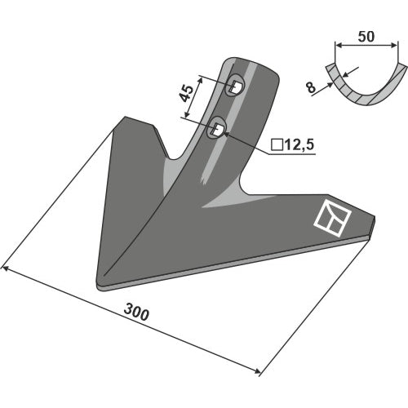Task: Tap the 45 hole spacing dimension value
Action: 187,93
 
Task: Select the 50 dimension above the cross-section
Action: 366,37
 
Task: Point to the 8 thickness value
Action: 311,87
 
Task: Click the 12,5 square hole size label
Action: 299,144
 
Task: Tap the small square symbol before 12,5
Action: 277,145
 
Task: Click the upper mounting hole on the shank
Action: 235,86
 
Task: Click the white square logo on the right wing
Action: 332,218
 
